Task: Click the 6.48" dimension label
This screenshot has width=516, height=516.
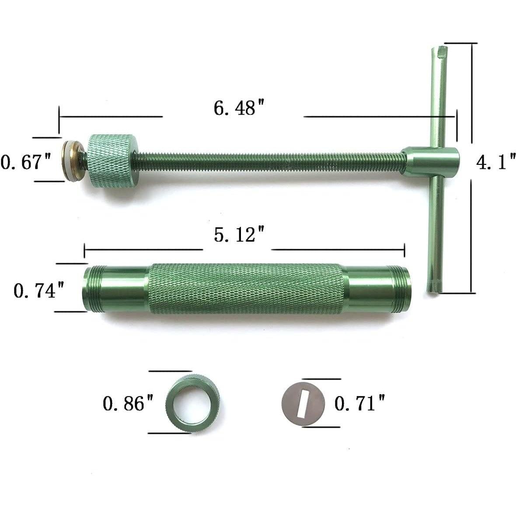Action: (x=234, y=108)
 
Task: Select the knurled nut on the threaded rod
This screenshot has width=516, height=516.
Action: (x=113, y=160)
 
